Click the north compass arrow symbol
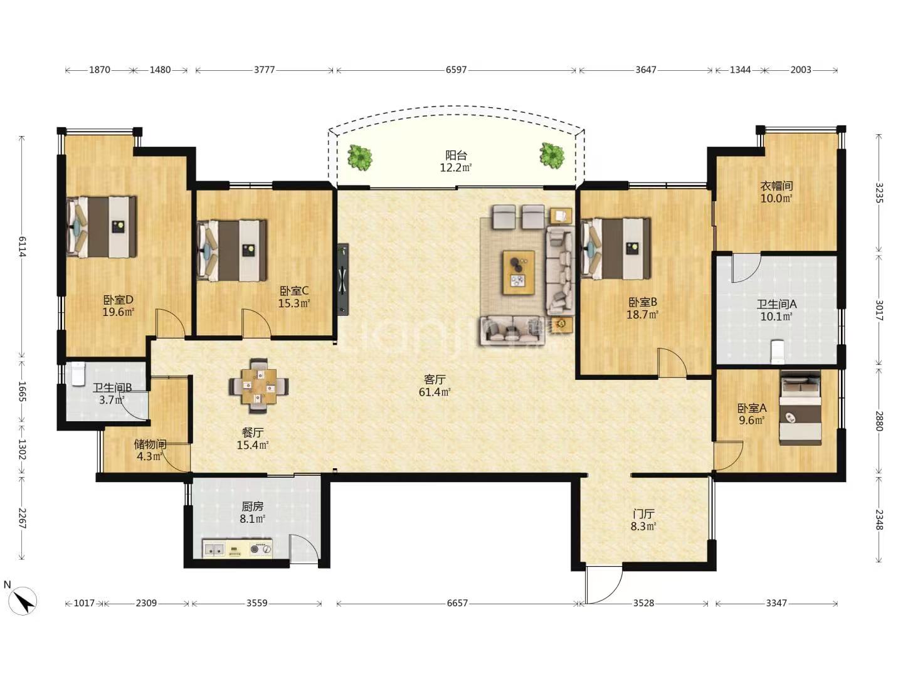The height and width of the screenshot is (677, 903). tap(24, 601)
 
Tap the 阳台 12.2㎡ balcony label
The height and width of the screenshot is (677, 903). tap(456, 162)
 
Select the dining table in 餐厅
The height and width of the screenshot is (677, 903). tap(258, 386)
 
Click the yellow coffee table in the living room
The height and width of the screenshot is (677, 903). tap(519, 273)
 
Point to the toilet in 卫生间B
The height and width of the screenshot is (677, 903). tap(77, 373)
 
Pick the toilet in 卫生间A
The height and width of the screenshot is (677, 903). tap(778, 352)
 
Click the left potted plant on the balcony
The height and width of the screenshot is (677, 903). tap(359, 157)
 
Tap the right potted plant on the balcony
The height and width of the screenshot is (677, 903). tap(552, 155)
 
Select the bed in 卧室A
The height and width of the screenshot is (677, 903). tap(800, 407)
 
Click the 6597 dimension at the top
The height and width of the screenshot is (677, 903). tap(456, 70)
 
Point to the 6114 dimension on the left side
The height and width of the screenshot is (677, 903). tap(22, 246)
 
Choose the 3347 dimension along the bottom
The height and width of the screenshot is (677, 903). tap(776, 603)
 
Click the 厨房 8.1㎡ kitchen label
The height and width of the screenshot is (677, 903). tap(252, 513)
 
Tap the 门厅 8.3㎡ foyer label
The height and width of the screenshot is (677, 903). tap(643, 520)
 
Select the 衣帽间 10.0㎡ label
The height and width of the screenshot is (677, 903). tap(776, 192)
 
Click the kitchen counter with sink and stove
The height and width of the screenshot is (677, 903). tap(238, 548)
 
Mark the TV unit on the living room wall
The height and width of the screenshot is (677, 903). tap(342, 279)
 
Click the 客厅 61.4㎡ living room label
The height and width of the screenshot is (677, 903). tap(435, 386)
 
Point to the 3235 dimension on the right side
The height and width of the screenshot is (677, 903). tap(879, 192)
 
